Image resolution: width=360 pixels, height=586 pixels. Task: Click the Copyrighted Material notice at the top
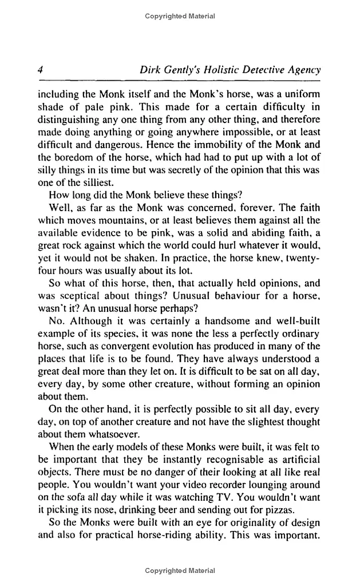180,16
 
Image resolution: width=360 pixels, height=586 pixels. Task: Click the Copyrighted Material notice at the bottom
180,571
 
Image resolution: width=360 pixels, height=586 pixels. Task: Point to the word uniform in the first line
301,94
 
